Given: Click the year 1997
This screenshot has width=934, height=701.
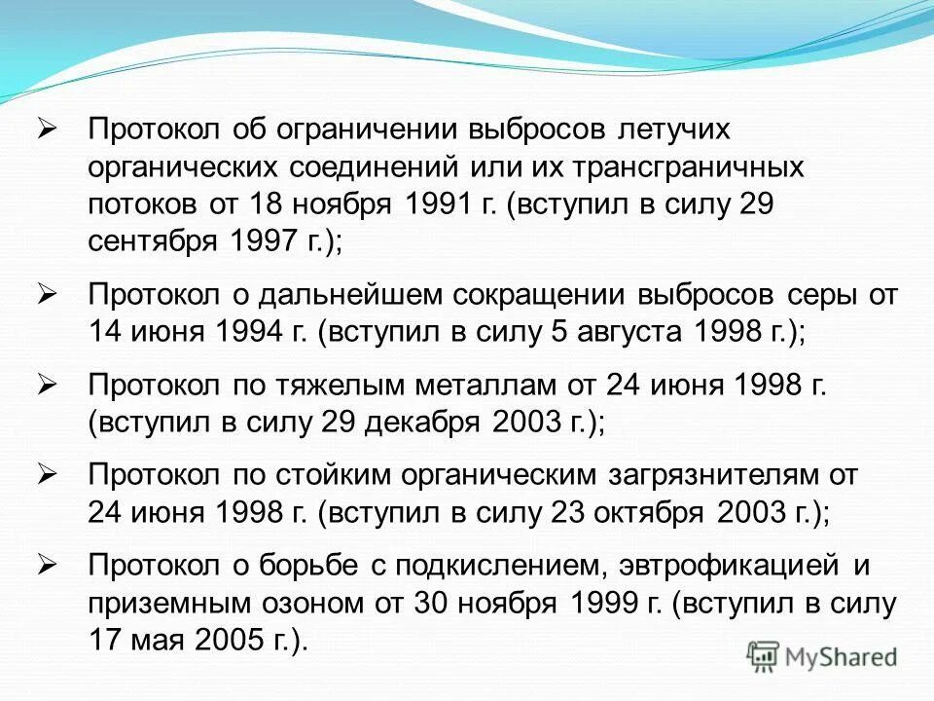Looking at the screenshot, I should [x=263, y=242].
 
